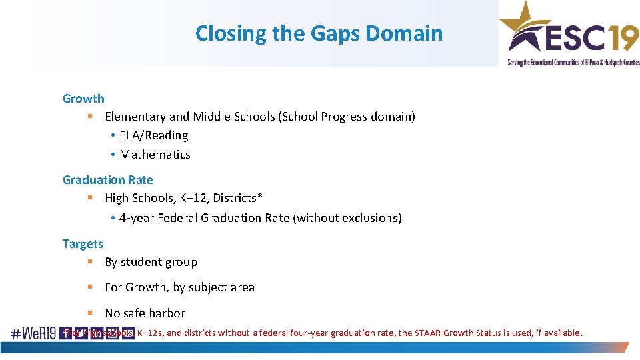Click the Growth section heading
pyautogui.click(x=83, y=99)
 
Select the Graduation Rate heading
pyautogui.click(x=107, y=180)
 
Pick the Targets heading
pyautogui.click(x=83, y=244)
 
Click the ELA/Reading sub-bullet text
pyautogui.click(x=153, y=135)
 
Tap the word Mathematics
pyautogui.click(x=155, y=155)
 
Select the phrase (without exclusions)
pyautogui.click(x=347, y=218)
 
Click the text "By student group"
pyautogui.click(x=151, y=262)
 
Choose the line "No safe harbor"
pyautogui.click(x=145, y=313)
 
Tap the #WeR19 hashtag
pyautogui.click(x=33, y=333)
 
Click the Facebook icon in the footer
pyautogui.click(x=66, y=333)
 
